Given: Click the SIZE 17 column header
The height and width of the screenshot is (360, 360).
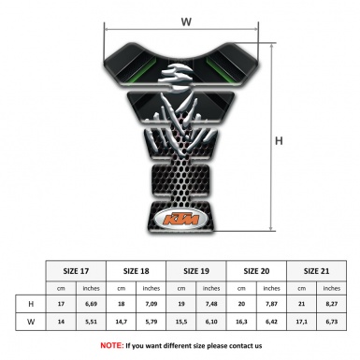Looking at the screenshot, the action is tap(76, 271).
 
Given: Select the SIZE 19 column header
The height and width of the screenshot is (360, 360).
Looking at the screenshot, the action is tap(196, 271).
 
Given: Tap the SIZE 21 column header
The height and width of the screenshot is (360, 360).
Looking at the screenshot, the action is tap(316, 271).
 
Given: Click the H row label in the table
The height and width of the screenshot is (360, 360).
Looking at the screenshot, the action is tap(31, 304).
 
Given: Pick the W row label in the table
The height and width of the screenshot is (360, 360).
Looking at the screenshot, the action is tap(31, 322).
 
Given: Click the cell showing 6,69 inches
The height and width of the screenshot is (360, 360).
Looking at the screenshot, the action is tap(91, 304).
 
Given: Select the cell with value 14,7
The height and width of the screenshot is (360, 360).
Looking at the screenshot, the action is tap(121, 322).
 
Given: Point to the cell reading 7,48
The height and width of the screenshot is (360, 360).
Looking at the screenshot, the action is tap(211, 304).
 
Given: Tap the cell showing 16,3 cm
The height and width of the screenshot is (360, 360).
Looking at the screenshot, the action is tap(241, 322).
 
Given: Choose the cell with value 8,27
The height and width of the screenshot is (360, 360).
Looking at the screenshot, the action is tap(331, 304).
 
